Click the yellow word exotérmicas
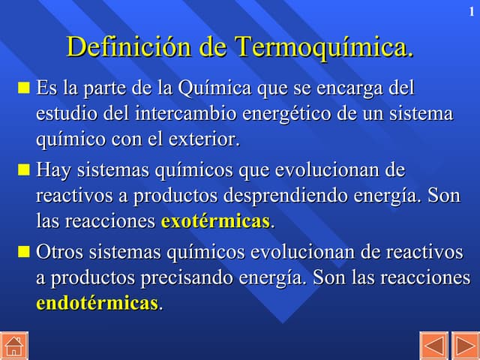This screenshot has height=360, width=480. (x=215, y=222)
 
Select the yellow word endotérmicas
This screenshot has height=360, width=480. (x=97, y=303)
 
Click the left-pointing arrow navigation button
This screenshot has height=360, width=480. (x=433, y=346)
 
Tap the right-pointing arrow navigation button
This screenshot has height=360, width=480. (x=465, y=346)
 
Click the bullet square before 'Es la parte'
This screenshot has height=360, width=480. (x=23, y=89)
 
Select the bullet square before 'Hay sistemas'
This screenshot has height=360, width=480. (x=23, y=171)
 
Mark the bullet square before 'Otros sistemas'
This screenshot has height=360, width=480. (x=23, y=252)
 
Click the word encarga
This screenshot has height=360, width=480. (x=346, y=88)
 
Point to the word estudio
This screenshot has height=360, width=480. (x=62, y=114)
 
